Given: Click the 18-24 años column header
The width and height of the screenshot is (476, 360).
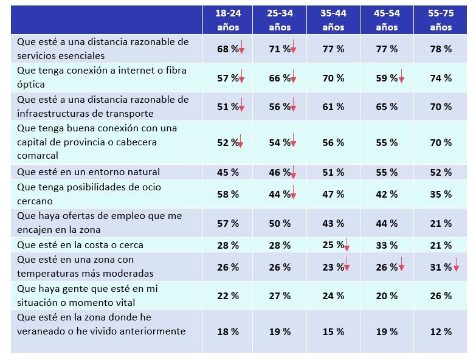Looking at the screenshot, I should (x=228, y=19).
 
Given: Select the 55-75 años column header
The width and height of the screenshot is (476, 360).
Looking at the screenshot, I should (x=440, y=19).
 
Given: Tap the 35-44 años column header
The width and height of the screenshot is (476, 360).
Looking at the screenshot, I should (x=333, y=19).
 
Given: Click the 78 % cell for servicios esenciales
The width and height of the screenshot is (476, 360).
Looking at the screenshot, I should (x=440, y=49).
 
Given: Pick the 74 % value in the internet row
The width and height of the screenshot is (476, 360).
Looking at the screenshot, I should (x=440, y=78).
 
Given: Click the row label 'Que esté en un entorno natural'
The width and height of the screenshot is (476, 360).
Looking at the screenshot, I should (x=89, y=172).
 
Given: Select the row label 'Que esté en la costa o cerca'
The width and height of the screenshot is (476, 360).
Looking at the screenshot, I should (x=80, y=245).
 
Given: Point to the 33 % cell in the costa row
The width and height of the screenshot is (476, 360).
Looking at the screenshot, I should (x=387, y=245).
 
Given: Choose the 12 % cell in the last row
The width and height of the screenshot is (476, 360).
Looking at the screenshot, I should (x=440, y=331).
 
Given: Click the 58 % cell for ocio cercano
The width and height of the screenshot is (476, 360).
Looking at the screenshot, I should (x=228, y=195).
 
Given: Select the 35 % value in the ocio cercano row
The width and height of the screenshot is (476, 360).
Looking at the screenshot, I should (x=440, y=195).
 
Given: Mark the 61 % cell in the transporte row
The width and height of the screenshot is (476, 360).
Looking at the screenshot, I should (x=333, y=107).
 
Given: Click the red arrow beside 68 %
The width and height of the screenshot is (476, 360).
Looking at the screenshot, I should (x=241, y=48).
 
